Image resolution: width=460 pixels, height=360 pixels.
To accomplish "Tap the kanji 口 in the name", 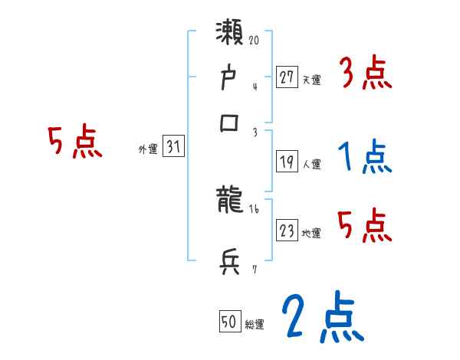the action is (230, 123).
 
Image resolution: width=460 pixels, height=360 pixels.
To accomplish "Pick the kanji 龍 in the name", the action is (231, 201).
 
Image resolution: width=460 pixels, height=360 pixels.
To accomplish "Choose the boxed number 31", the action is (174, 147).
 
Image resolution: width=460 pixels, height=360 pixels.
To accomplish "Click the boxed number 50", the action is (228, 322).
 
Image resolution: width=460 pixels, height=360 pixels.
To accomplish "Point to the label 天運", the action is (312, 79).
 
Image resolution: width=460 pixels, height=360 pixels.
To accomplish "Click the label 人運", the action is (312, 164).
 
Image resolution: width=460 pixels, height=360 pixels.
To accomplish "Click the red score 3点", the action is (365, 74).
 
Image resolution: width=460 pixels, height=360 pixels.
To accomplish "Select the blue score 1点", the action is (365, 158).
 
